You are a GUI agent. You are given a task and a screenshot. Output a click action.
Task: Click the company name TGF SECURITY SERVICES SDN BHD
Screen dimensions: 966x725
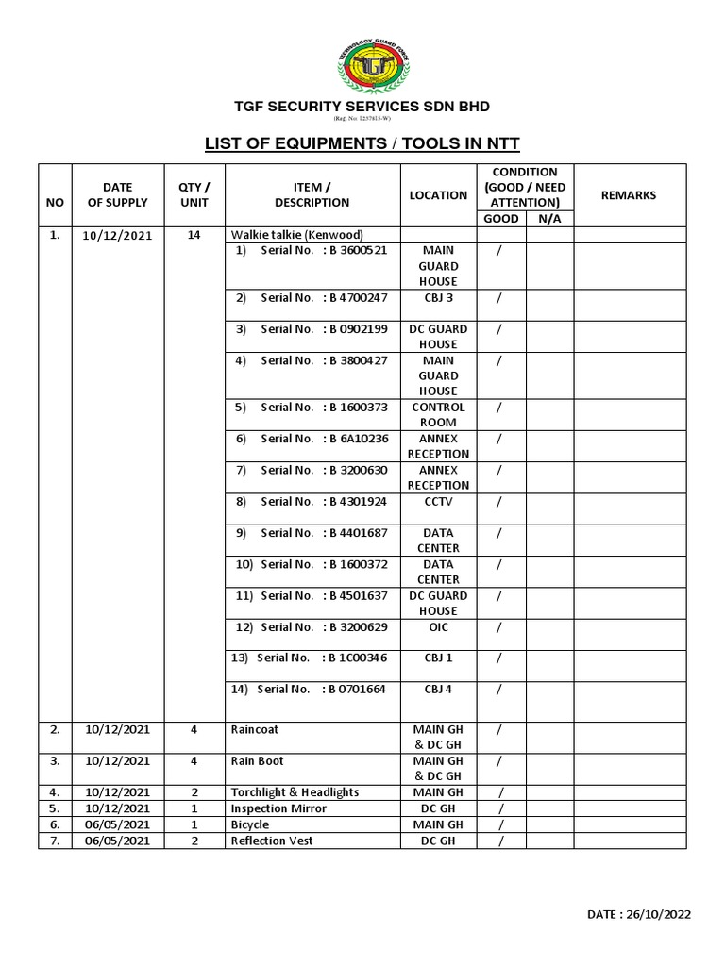pyautogui.click(x=362, y=107)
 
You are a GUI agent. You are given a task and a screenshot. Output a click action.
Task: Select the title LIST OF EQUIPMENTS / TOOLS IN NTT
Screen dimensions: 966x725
pyautogui.click(x=362, y=144)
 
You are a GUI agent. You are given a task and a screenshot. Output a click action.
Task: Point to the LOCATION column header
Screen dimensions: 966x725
pyautogui.click(x=438, y=195)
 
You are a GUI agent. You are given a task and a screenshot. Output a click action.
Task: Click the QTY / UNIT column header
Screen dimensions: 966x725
pyautogui.click(x=194, y=195)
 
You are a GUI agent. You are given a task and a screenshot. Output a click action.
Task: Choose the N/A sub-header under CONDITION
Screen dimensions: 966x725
pyautogui.click(x=548, y=219)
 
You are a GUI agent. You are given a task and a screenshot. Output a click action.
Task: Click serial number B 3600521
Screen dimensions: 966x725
pyautogui.click(x=358, y=251)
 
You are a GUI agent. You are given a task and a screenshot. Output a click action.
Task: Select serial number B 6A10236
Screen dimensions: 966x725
pyautogui.click(x=358, y=439)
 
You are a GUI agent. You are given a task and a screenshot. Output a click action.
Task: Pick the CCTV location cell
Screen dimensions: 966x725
pyautogui.click(x=438, y=502)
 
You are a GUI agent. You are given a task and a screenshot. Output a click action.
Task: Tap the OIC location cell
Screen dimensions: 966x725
pyautogui.click(x=438, y=627)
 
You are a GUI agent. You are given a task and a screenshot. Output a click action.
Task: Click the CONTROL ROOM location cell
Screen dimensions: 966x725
pyautogui.click(x=438, y=415)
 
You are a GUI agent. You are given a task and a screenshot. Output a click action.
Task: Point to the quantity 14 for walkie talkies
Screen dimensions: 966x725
pyautogui.click(x=194, y=235)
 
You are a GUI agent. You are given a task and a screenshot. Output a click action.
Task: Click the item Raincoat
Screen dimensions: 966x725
pyautogui.click(x=255, y=729)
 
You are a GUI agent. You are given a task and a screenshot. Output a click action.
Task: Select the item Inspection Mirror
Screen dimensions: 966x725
pyautogui.click(x=278, y=808)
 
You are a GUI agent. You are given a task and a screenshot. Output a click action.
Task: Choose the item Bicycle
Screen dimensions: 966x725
pyautogui.click(x=250, y=824)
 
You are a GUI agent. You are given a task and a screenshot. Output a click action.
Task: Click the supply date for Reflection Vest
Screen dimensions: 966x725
pyautogui.click(x=117, y=841)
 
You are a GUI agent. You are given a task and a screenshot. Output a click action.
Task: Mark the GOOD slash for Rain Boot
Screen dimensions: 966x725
pyautogui.click(x=500, y=760)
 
